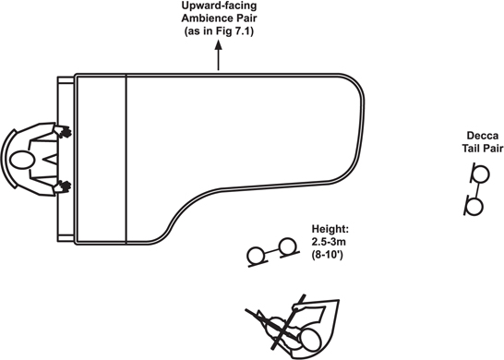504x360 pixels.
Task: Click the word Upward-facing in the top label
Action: pos(219,6)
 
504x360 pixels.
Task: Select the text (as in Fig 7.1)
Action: pos(219,31)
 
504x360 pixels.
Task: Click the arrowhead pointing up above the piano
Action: pos(219,45)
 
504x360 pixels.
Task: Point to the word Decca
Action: pos(483,136)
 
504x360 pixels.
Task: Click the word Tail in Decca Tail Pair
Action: pos(472,149)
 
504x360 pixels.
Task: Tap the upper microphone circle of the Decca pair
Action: pos(481,174)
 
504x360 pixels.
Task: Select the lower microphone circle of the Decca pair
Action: pos(474,207)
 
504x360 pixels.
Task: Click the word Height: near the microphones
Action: pos(330,229)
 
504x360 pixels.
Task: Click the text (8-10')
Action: pos(327,255)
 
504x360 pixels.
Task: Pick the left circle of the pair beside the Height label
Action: pos(256,256)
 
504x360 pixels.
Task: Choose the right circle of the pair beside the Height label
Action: pos(287,246)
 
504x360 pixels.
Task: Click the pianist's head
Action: pos(22,160)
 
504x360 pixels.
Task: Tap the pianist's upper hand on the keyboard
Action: pos(63,131)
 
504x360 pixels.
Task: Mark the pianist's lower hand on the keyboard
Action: pos(63,186)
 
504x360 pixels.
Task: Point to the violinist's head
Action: pos(310,341)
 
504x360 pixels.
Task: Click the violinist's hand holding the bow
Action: pos(297,309)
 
